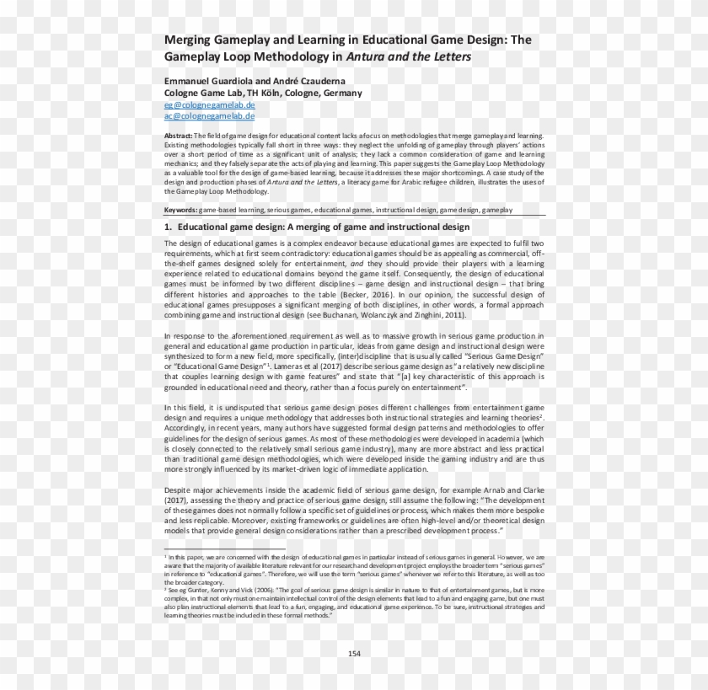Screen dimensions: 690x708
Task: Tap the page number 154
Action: pyautogui.click(x=354, y=654)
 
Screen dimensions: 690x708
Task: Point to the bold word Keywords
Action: pyautogui.click(x=180, y=208)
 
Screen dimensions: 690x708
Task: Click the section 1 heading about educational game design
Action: pyautogui.click(x=317, y=227)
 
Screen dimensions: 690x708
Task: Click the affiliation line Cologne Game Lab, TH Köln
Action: pyautogui.click(x=263, y=93)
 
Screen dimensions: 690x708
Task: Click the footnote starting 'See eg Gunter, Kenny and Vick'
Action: pyautogui.click(x=354, y=602)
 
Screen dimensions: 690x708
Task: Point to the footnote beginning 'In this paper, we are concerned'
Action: pyautogui.click(x=354, y=569)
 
